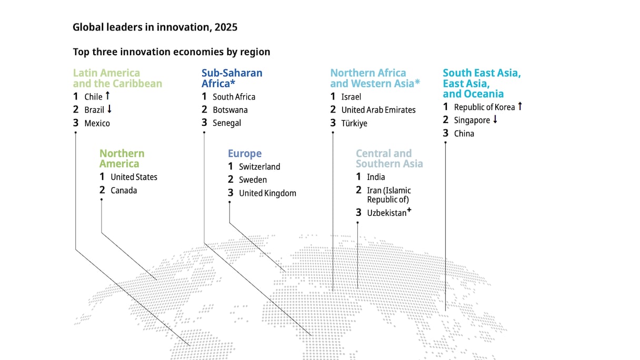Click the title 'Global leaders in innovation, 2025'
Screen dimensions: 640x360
point(155,27)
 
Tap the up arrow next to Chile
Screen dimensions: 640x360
point(107,95)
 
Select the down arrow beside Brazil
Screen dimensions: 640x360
point(109,109)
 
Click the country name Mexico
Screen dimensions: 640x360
point(97,124)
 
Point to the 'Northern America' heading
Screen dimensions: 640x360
point(122,158)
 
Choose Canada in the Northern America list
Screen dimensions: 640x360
point(124,191)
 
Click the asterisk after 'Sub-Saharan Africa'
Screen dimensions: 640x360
point(233,83)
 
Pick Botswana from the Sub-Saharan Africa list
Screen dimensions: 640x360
point(231,110)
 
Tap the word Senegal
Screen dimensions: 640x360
point(227,123)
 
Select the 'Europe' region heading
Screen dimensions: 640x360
point(245,154)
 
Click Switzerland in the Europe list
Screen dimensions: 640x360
point(259,166)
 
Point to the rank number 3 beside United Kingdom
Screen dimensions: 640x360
point(231,193)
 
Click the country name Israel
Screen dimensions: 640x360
point(351,97)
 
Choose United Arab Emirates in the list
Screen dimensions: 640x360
point(378,110)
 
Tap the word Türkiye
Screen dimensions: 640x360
point(354,124)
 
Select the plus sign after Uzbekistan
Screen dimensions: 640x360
point(409,211)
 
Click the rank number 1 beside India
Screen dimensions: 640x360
point(358,176)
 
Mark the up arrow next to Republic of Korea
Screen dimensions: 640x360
point(520,106)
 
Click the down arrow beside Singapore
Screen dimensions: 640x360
point(495,119)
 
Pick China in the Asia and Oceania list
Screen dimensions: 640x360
point(464,134)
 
